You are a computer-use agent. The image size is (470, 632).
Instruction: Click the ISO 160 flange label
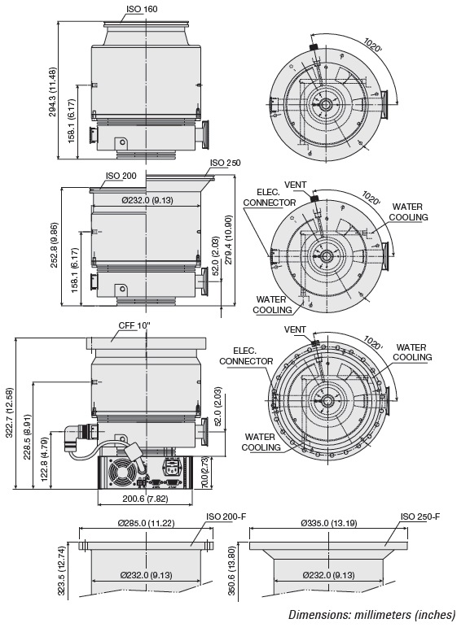coord(142,9)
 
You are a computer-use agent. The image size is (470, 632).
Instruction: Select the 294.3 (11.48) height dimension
coord(53,92)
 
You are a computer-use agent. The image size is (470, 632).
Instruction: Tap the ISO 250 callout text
coord(225,163)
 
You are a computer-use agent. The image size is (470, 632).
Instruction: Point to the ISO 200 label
coord(121,176)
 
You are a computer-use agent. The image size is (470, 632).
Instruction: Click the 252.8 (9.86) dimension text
coord(55,245)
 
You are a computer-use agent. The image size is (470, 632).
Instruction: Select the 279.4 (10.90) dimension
coord(229,240)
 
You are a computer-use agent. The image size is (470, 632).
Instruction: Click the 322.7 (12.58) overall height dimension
coord(10,412)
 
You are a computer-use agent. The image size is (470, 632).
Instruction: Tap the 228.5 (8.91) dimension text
coord(27,437)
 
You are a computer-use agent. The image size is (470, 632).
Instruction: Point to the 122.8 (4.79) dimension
coord(45,460)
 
